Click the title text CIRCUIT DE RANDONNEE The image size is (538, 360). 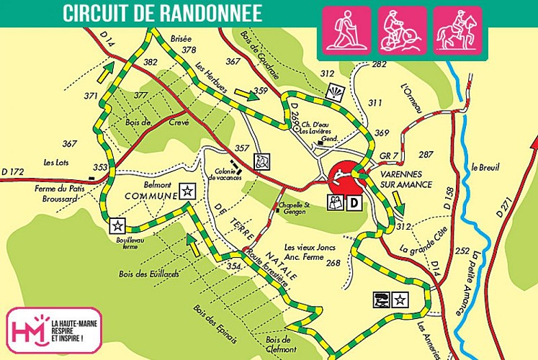[162, 12]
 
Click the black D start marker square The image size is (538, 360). [354, 204]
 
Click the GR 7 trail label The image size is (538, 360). [390, 156]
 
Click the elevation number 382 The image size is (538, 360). [150, 63]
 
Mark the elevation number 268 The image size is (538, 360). [333, 264]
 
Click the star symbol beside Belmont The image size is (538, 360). [187, 191]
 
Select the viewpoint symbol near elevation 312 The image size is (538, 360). [336, 92]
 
